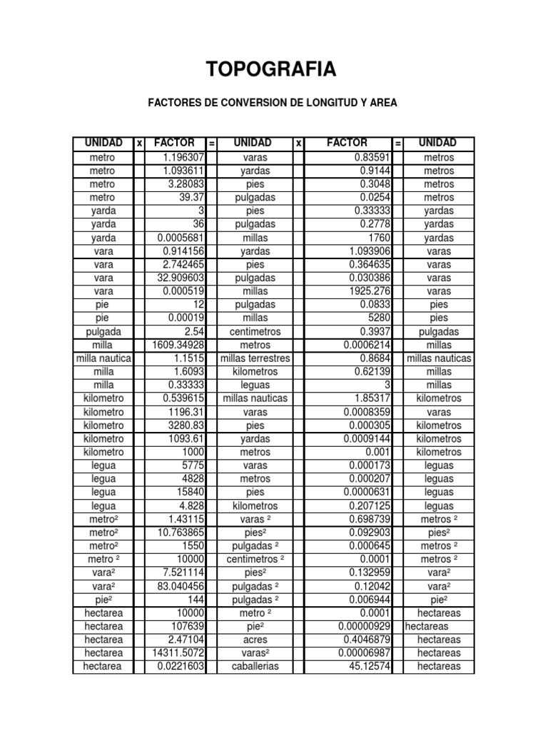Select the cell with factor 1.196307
point(183,157)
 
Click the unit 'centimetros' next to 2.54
point(255,332)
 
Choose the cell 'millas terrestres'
point(255,358)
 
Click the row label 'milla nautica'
point(103,358)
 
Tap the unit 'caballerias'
point(255,667)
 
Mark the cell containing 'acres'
point(255,640)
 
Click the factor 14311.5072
point(178,653)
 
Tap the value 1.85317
point(370,398)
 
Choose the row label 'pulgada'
point(103,332)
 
